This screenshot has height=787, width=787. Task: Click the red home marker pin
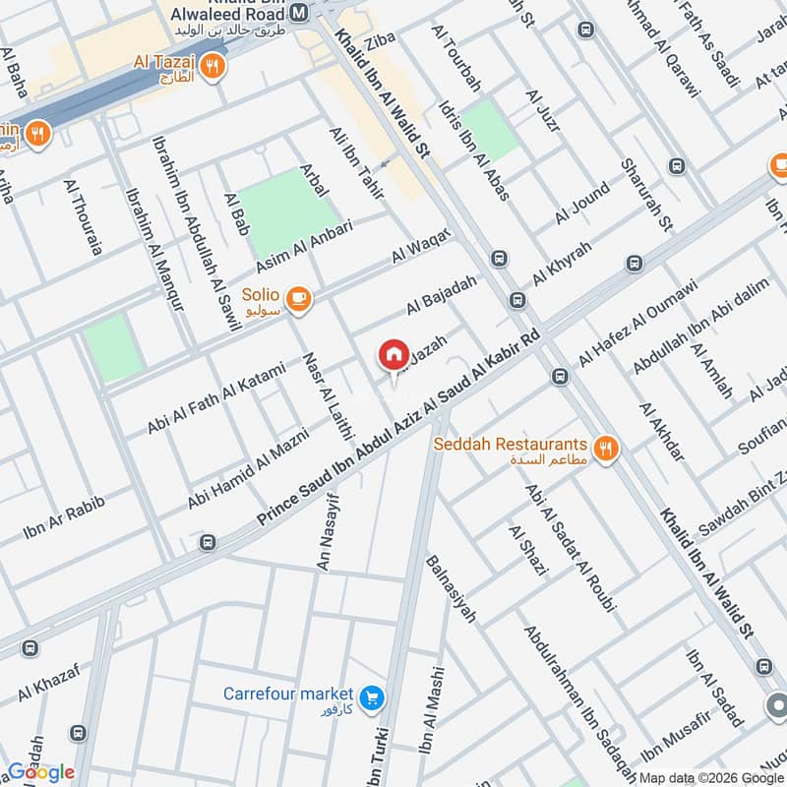(x=393, y=354)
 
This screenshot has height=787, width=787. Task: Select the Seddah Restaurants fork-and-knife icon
(x=607, y=448)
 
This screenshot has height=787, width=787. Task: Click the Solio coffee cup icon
(x=299, y=297)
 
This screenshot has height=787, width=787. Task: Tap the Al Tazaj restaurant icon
(x=212, y=67)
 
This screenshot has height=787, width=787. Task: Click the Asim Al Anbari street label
(x=304, y=247)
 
